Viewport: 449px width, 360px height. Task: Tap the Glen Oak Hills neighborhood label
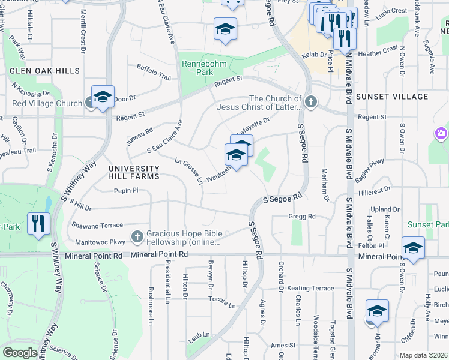click(44, 71)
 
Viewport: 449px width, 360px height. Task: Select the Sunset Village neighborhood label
click(392, 97)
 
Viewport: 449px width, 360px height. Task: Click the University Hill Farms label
click(134, 172)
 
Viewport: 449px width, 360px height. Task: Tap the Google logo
click(20, 353)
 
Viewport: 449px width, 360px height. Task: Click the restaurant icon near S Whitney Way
click(38, 224)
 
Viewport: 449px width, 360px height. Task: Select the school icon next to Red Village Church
click(103, 97)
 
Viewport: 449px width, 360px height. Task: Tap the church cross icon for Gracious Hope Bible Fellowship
click(137, 236)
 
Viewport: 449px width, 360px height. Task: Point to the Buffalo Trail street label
click(154, 73)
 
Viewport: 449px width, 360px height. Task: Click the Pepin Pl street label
click(126, 191)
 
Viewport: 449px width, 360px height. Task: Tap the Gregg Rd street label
click(301, 216)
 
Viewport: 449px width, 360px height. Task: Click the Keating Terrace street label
click(310, 288)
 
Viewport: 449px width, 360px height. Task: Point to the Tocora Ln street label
click(222, 301)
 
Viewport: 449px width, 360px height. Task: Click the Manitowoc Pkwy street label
click(100, 242)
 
